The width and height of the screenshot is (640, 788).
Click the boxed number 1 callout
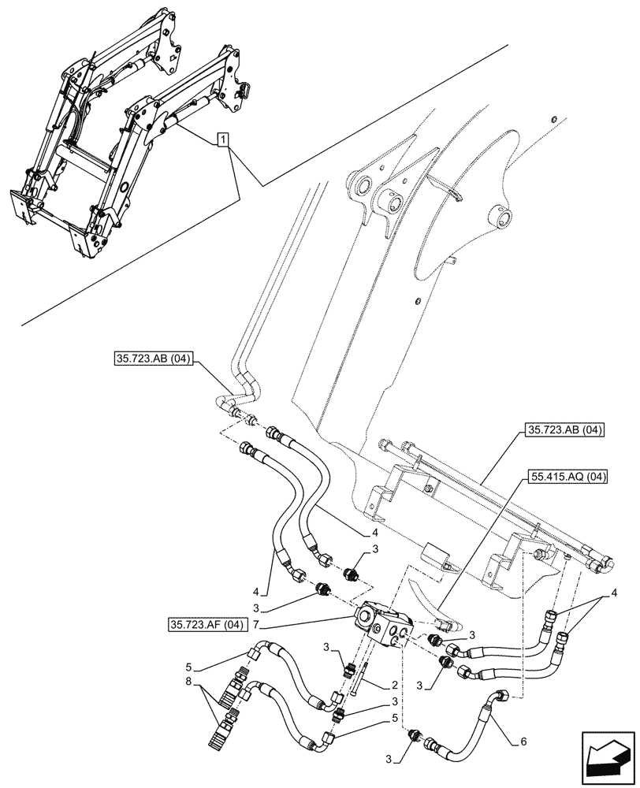224,140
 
